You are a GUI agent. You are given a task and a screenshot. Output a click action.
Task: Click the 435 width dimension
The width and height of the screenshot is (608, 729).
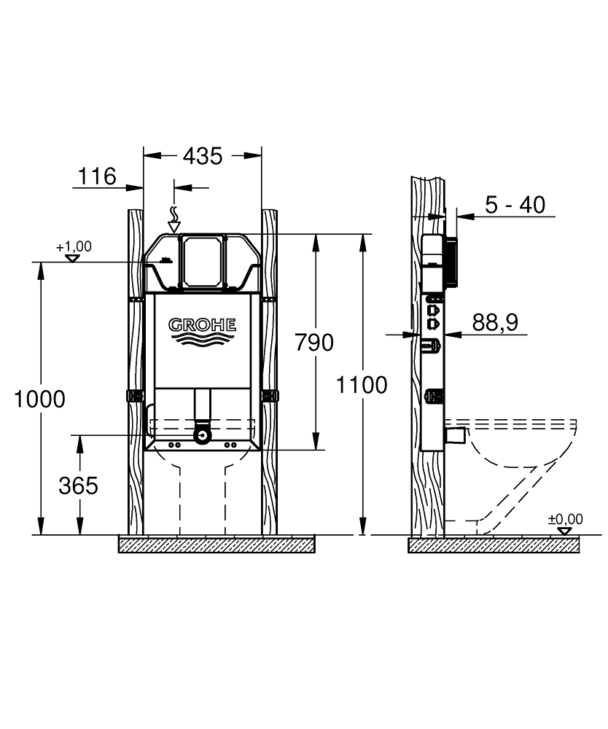pos(202,155)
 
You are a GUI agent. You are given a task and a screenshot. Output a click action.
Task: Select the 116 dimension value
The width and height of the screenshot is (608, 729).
pos(97,176)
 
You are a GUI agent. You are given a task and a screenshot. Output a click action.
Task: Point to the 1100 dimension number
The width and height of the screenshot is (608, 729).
pos(362,384)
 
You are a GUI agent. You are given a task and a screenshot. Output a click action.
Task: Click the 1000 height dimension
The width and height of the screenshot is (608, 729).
pos(39,399)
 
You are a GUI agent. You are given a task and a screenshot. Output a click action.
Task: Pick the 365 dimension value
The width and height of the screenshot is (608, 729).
pos(78,486)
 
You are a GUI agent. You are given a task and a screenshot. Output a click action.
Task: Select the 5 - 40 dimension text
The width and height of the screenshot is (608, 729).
pos(515,205)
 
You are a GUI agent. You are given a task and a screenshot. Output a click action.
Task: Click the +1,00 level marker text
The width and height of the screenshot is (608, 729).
pos(74,246)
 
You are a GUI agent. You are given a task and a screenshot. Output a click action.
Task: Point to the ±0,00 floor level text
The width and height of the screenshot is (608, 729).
pos(566,519)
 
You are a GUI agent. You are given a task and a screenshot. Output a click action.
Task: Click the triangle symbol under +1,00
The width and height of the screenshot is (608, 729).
pos(72,257)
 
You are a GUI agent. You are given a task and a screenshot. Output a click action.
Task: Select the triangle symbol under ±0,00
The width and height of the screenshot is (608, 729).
pos(565,530)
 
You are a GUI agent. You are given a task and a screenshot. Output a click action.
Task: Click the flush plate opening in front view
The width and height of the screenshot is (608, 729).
pos(203,260)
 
